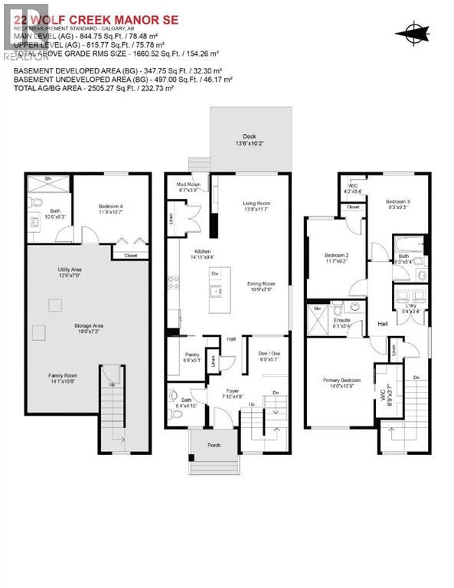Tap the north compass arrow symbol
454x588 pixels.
(413, 31)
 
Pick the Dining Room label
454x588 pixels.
(261, 286)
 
